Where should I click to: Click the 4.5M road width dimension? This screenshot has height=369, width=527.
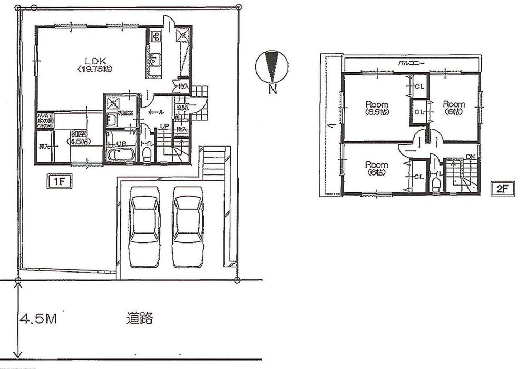click(x=40, y=319)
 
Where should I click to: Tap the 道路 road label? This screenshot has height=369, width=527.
click(x=140, y=318)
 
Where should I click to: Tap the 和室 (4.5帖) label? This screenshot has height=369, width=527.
click(x=77, y=138)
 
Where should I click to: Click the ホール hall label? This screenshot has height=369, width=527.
click(x=156, y=113)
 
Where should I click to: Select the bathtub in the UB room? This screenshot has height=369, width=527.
click(x=121, y=156)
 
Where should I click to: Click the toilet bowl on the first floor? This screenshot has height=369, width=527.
click(x=147, y=153)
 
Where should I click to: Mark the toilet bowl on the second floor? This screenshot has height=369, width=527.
click(x=436, y=184)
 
